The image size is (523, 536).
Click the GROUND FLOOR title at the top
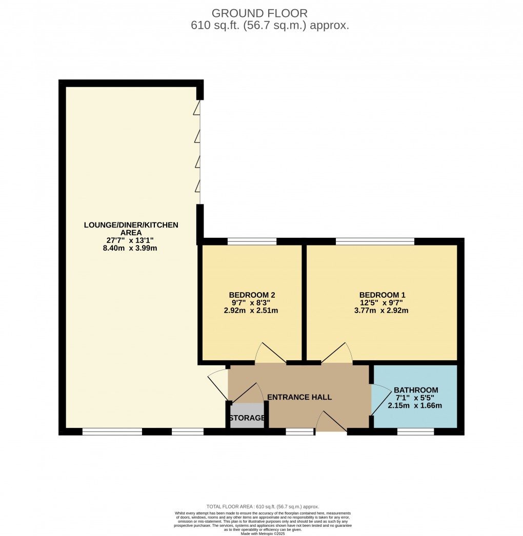(x=259, y=13)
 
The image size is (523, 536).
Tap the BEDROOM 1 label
(x=382, y=295)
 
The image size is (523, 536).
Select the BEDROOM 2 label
(x=252, y=295)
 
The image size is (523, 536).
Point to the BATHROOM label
(x=416, y=390)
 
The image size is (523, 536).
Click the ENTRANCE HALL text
(x=299, y=397)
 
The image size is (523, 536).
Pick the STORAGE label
(x=247, y=418)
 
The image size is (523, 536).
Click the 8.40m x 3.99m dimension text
(x=130, y=248)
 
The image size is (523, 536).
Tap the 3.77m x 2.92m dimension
(x=381, y=311)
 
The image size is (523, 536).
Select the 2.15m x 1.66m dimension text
(x=415, y=406)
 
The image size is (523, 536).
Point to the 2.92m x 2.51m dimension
(x=251, y=311)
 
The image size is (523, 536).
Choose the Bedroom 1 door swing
(x=336, y=352)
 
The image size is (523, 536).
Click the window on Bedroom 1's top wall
(x=375, y=241)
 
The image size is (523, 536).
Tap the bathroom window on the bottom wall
(x=416, y=432)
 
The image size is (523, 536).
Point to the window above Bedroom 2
(x=252, y=241)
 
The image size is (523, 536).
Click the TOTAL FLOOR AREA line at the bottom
(x=263, y=507)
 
